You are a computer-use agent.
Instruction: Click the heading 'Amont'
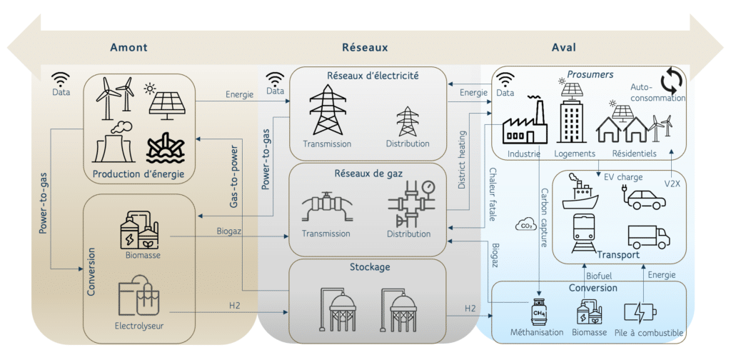(128, 47)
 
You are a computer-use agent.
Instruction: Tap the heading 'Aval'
(564, 47)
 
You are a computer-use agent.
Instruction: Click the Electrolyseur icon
(138, 296)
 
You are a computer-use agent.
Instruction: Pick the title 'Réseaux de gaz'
(363, 173)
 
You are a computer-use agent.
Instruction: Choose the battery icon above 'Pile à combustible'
(640, 312)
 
